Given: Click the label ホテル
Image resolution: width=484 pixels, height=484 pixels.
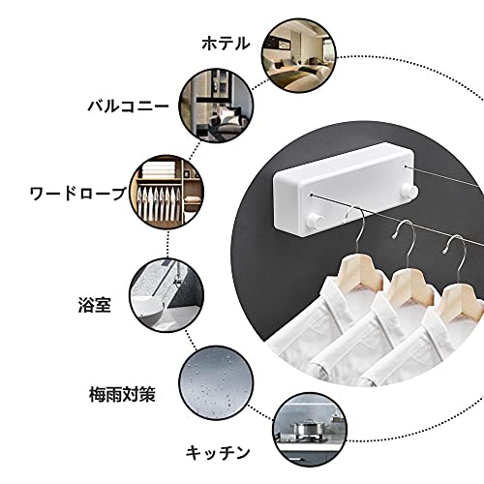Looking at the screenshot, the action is point(226,44).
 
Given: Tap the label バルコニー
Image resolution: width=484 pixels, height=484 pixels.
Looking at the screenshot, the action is point(128,106).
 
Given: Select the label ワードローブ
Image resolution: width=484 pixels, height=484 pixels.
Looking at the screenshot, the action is point(77,194).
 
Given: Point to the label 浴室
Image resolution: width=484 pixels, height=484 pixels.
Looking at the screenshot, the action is point(95,304).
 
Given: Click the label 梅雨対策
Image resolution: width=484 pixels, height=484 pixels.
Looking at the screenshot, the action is point(122,394).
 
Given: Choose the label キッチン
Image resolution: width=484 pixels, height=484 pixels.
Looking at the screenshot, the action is point(218,452).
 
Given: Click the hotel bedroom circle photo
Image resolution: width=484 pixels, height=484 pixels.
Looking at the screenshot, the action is point(298,55).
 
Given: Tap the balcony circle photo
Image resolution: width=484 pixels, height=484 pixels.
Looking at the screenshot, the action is point(216,106).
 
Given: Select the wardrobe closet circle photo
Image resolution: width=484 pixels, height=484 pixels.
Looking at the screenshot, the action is point(166,192).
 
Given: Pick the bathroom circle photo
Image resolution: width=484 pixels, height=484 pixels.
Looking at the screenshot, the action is point(166,295).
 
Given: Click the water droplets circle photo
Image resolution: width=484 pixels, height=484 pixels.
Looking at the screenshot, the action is point(216,383).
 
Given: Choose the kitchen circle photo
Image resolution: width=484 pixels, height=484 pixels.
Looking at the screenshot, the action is point(309,430).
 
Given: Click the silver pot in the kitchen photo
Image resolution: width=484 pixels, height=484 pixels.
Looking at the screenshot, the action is point(305,429).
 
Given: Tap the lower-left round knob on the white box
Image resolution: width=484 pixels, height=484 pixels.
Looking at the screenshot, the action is point(315,221).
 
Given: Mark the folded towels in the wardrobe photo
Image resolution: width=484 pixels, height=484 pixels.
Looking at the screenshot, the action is point(159,169).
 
